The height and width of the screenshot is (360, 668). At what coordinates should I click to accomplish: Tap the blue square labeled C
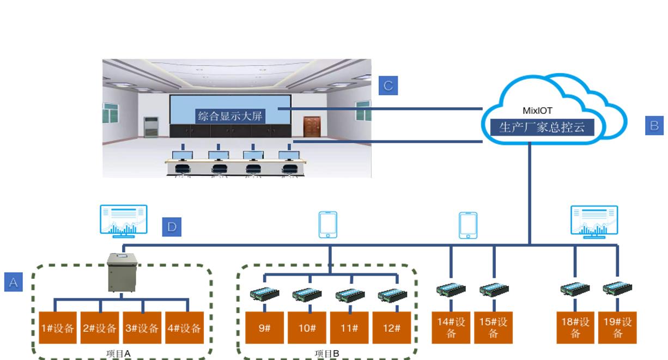point(388,86)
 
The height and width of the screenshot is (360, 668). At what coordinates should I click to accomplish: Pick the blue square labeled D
point(172,227)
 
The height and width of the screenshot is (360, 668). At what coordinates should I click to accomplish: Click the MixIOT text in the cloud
point(537,111)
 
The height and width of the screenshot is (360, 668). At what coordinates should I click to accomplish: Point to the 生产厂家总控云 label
point(537,127)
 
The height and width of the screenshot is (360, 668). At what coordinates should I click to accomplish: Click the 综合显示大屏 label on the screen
point(230,115)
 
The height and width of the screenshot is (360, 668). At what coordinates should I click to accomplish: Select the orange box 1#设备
point(58,328)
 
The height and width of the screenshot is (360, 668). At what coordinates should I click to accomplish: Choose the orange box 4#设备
point(184,328)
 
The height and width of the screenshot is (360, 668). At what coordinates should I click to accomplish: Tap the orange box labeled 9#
point(264,328)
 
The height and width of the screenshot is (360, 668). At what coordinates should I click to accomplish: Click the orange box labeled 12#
point(391,328)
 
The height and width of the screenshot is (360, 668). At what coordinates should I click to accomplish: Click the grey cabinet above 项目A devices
point(122,273)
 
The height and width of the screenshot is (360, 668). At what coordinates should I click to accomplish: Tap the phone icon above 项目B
point(328,225)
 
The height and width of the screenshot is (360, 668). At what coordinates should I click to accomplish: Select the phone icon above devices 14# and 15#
point(469,225)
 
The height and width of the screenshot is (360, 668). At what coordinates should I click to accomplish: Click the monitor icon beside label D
point(123,221)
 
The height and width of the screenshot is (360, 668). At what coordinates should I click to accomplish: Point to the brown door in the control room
point(312,126)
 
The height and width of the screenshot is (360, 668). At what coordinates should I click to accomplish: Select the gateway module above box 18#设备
point(575,289)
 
